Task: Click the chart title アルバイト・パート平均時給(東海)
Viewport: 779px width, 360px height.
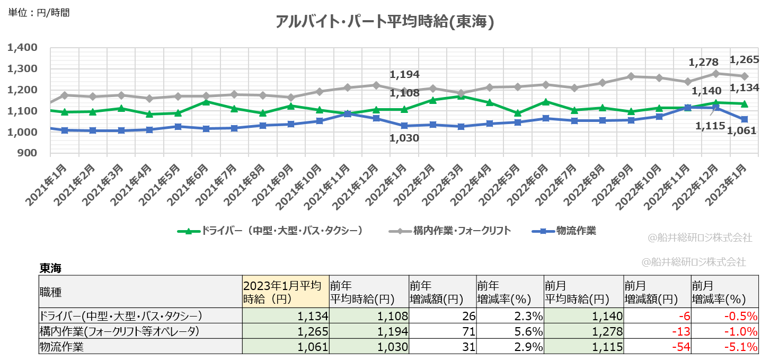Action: pyautogui.click(x=385, y=22)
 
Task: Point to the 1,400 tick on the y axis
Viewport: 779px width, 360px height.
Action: pyautogui.click(x=22, y=48)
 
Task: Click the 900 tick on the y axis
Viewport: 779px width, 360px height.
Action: pyautogui.click(x=26, y=153)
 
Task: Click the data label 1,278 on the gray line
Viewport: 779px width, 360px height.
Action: pyautogui.click(x=702, y=63)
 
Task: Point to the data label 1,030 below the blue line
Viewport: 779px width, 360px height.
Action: pyautogui.click(x=404, y=138)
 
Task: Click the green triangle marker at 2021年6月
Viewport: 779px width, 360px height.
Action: pyautogui.click(x=206, y=101)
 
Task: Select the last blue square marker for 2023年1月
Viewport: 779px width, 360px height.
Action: pyautogui.click(x=744, y=119)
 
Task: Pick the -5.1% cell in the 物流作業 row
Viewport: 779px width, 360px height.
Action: pyautogui.click(x=724, y=347)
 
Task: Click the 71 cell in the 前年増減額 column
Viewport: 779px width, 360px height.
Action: pyautogui.click(x=442, y=331)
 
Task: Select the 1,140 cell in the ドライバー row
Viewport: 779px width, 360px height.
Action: pyautogui.click(x=583, y=317)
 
